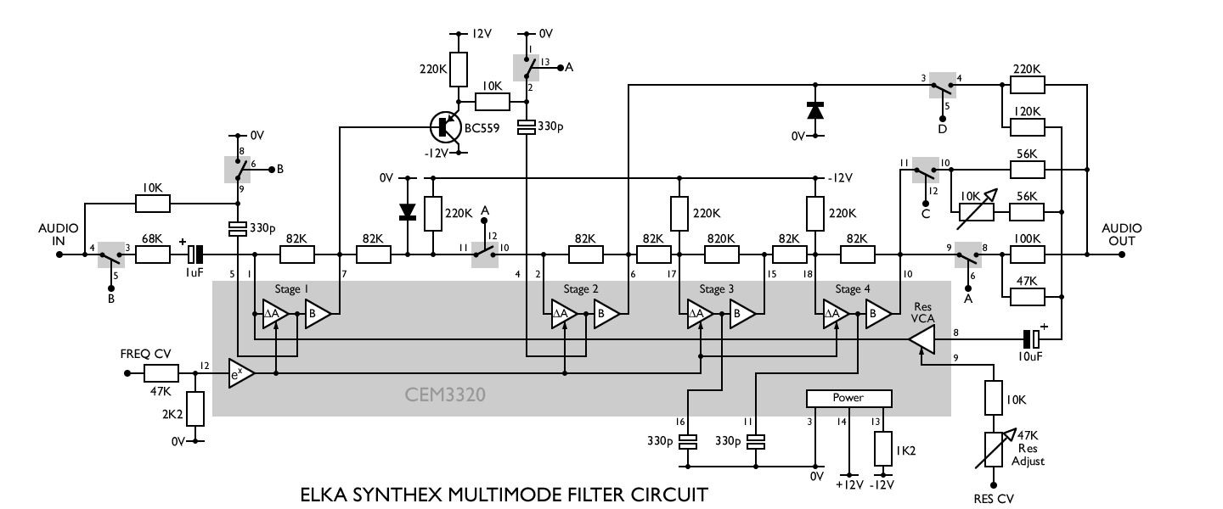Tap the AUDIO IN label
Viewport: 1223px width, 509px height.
pyautogui.click(x=58, y=235)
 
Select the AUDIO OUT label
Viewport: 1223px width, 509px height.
pyautogui.click(x=1121, y=235)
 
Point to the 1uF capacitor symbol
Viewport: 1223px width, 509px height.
pyautogui.click(x=196, y=253)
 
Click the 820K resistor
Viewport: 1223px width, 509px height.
pyautogui.click(x=722, y=253)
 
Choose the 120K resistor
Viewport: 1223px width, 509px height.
pyautogui.click(x=1027, y=127)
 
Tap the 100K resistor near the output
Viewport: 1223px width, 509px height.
pyautogui.click(x=1027, y=253)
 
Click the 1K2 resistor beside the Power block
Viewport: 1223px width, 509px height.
pyautogui.click(x=884, y=447)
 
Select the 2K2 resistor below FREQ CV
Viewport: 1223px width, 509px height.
pyautogui.click(x=195, y=409)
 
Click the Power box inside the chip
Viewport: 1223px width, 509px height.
pyautogui.click(x=848, y=398)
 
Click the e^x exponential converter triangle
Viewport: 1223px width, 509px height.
pyautogui.click(x=241, y=373)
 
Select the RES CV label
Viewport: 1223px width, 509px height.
pyautogui.click(x=993, y=499)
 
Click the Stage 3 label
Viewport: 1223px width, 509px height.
pyautogui.click(x=717, y=289)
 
